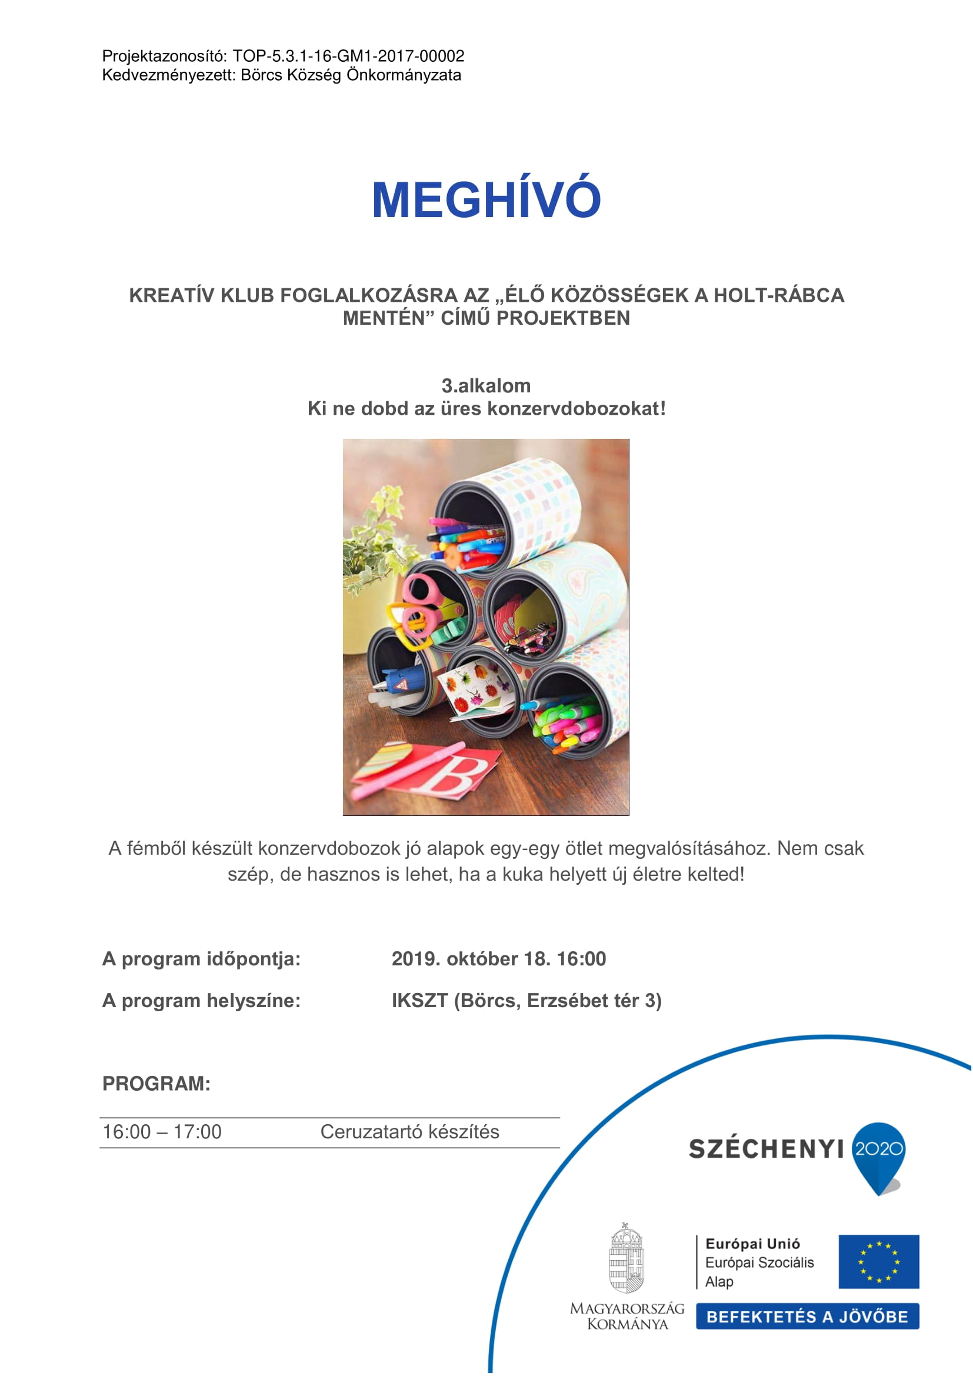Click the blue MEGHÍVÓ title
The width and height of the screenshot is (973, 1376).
[486, 199]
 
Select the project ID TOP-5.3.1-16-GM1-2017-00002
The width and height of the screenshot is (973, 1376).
[348, 56]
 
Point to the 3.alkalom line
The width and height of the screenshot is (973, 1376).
[486, 385]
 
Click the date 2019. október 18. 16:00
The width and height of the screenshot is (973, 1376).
[498, 959]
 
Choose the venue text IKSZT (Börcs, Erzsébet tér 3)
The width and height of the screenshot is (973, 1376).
[526, 1001]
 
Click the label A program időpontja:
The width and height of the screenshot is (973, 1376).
[201, 959]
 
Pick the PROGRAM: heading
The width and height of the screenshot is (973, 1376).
[156, 1084]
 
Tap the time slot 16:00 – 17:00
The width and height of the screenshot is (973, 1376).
[162, 1132]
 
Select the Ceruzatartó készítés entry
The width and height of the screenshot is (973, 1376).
[410, 1132]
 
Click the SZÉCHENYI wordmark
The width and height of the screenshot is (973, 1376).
[766, 1150]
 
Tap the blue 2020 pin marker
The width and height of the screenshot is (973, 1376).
[878, 1154]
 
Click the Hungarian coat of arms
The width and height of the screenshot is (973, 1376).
[626, 1259]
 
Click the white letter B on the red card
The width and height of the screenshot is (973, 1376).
[454, 777]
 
